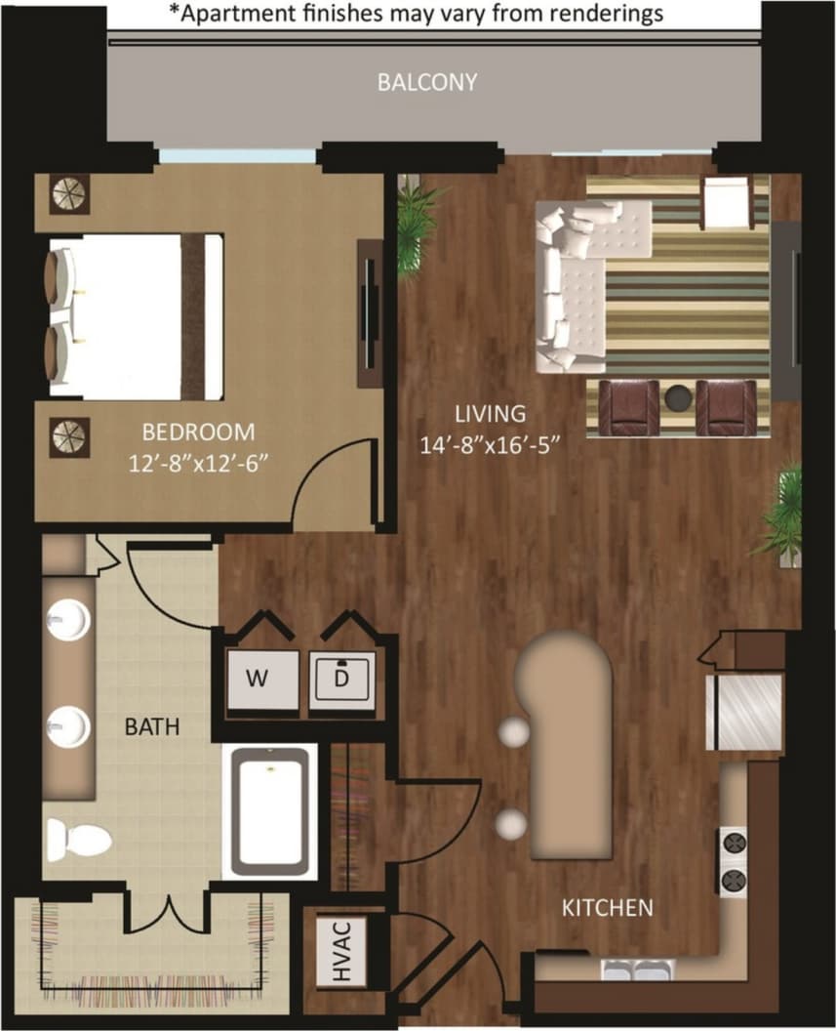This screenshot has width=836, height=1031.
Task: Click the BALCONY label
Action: pos(427,82)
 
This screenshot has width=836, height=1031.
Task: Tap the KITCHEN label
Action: pos(607,908)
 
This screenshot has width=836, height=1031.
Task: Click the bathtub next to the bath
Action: pos(271,809)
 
